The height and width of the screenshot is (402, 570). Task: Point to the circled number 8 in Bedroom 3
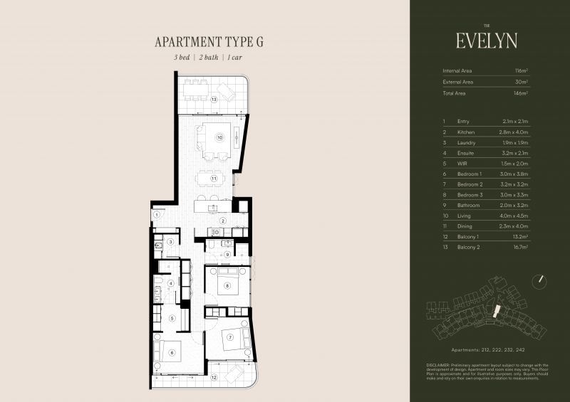227,287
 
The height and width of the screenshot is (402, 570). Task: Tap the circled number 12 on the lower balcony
214,377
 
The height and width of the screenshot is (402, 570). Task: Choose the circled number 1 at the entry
156,215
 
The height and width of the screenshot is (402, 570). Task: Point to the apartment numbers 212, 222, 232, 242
487,351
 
